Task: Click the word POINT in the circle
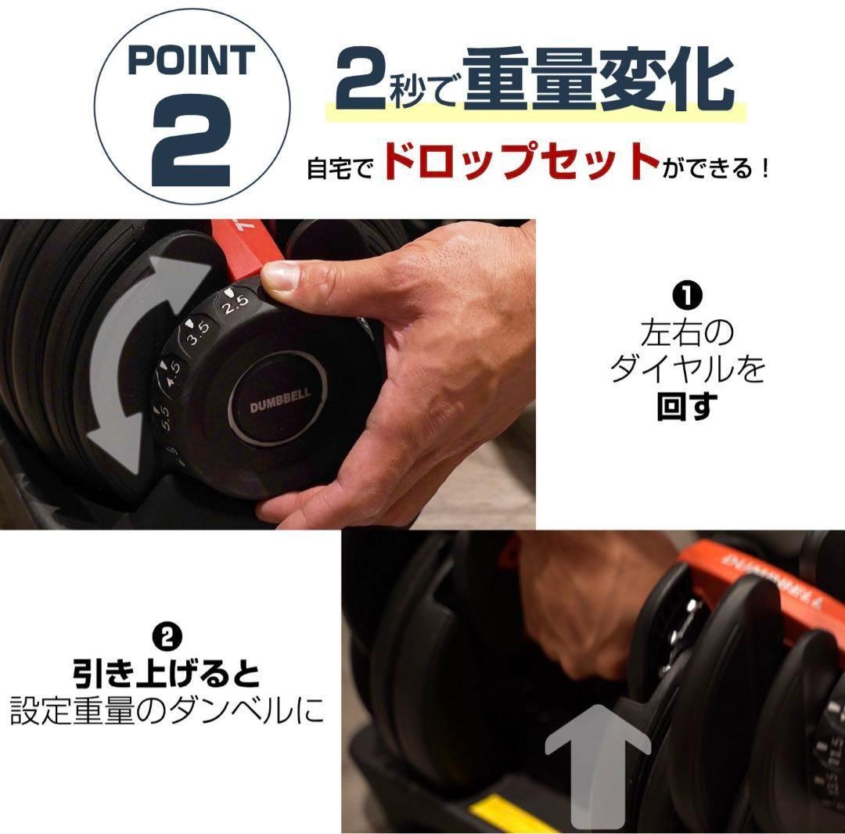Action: pyautogui.click(x=191, y=61)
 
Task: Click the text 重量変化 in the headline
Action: pyautogui.click(x=598, y=80)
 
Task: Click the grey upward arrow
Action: pyautogui.click(x=596, y=763)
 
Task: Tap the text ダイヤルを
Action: pyautogui.click(x=687, y=368)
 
